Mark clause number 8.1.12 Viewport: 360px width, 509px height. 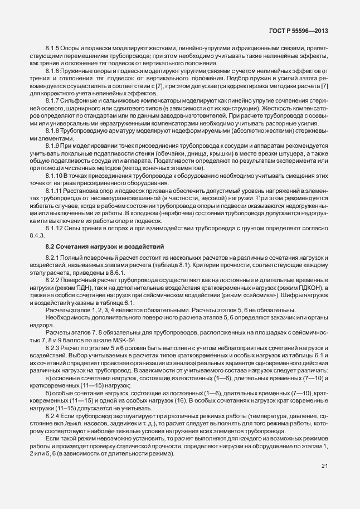coord(55,229)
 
